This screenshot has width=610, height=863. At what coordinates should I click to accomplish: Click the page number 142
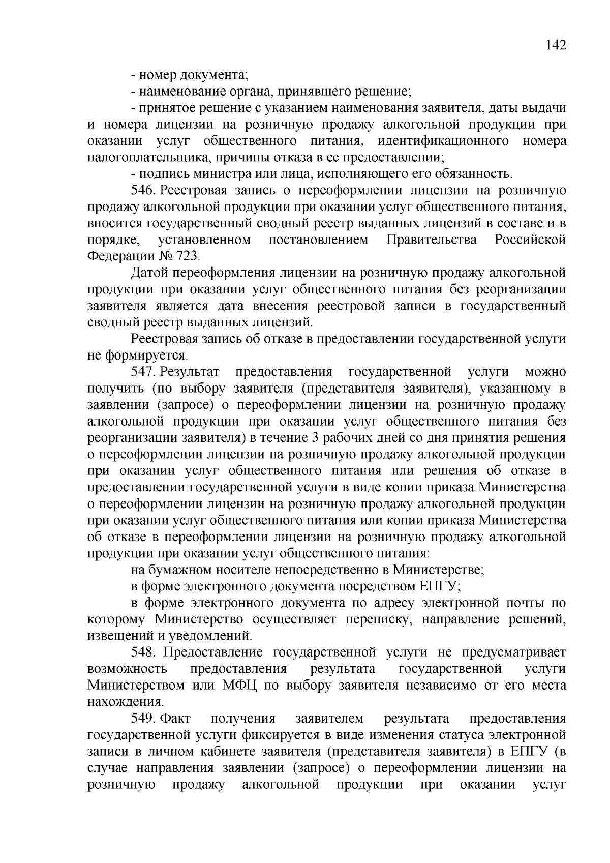(556, 45)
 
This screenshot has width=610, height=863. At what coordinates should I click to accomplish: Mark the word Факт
(175, 718)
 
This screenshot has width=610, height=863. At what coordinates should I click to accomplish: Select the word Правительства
(432, 240)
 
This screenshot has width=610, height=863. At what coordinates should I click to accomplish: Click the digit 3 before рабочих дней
(311, 438)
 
